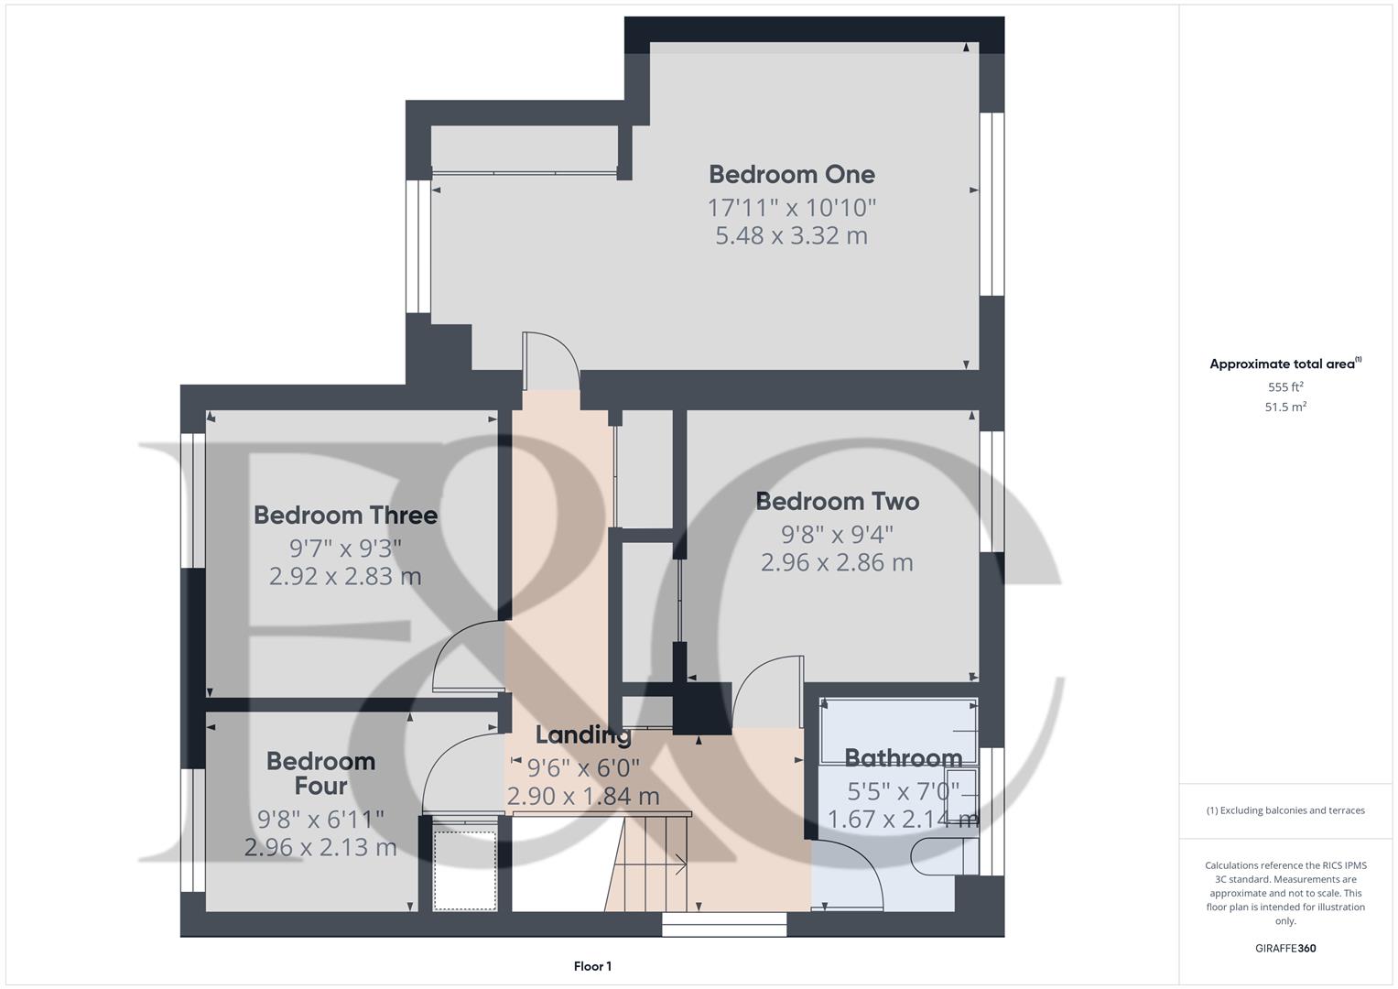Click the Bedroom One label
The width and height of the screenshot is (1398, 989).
coord(791,174)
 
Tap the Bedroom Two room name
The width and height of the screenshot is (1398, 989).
coord(837,501)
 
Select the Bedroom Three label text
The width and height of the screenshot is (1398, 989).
coord(345,515)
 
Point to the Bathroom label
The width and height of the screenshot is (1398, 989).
coord(903,757)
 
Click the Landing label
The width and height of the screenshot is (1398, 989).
coord(583,734)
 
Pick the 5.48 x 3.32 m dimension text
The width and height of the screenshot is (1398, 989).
coord(791,235)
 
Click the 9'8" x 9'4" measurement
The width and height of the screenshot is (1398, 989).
coord(837,533)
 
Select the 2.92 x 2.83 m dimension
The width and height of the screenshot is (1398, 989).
coord(345,576)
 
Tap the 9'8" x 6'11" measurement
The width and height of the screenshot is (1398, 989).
coord(320,818)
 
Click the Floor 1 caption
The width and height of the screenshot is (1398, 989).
coord(592,966)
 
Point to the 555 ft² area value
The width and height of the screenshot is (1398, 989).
coord(1285,387)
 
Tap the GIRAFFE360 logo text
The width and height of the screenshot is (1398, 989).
coord(1285,949)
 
